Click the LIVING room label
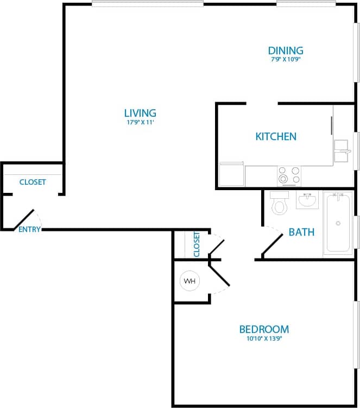pos(140,113)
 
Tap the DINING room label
pos(285,51)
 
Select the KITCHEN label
pos(276,136)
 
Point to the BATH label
pos(301,232)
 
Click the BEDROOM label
pos(264,329)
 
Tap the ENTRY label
pos(29,229)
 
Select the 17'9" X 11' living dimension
pos(140,123)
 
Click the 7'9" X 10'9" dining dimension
pos(286,60)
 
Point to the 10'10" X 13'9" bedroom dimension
pos(264,338)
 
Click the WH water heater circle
pos(190,281)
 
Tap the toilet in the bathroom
pos(280,203)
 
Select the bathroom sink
pos(308,200)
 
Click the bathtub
pos(338,223)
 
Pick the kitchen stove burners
pos(289,175)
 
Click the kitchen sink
pos(341,151)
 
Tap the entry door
pos(24,219)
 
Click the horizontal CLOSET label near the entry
pos(33,182)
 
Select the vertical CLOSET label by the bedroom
pos(197,244)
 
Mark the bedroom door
pos(220,273)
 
